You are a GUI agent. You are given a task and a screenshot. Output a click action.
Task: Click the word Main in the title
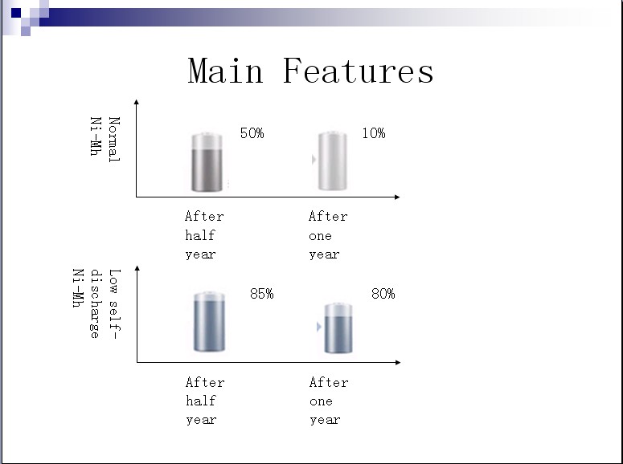pyautogui.click(x=225, y=71)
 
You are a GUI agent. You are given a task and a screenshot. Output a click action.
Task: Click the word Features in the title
pyautogui.click(x=359, y=71)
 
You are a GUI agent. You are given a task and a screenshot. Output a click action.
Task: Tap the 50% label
pyautogui.click(x=252, y=133)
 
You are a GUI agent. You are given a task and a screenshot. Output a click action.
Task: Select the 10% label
pyautogui.click(x=374, y=133)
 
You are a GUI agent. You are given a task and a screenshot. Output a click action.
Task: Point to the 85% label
pyautogui.click(x=262, y=294)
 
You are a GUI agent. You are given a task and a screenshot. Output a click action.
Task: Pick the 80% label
pyautogui.click(x=383, y=294)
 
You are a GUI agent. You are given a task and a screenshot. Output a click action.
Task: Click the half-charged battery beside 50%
pyautogui.click(x=207, y=162)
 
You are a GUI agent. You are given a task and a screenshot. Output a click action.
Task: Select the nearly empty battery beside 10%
pyautogui.click(x=333, y=161)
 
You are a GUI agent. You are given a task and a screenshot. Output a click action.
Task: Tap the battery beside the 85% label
pyautogui.click(x=209, y=321)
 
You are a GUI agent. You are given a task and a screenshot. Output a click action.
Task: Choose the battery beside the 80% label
pyautogui.click(x=338, y=328)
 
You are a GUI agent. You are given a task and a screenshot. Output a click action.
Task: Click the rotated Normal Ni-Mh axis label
pyautogui.click(x=105, y=140)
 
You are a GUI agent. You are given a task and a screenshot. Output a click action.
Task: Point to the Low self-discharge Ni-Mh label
pyautogui.click(x=96, y=303)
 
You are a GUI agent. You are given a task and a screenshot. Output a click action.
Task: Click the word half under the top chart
pyautogui.click(x=200, y=235)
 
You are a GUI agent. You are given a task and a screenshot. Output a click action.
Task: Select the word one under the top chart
pyautogui.click(x=320, y=236)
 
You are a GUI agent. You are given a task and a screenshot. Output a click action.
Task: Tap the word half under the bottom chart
pyautogui.click(x=201, y=401)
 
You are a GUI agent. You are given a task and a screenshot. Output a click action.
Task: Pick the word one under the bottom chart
pyautogui.click(x=321, y=401)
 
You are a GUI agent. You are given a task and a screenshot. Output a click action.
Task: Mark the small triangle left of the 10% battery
pyautogui.click(x=314, y=160)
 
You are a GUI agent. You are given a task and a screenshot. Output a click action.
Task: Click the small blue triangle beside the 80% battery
pyautogui.click(x=318, y=327)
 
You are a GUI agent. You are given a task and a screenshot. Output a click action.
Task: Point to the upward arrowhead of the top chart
pyautogui.click(x=137, y=102)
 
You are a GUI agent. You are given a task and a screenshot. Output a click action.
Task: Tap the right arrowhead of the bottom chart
pyautogui.click(x=398, y=362)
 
